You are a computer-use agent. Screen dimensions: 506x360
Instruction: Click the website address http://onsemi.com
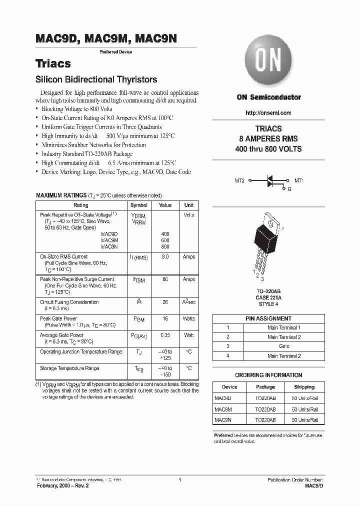(x=268, y=113)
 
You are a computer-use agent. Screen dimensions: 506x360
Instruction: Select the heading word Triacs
(x=53, y=63)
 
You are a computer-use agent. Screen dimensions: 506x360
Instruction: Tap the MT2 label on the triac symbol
(x=239, y=180)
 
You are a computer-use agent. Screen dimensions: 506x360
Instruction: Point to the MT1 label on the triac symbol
(x=299, y=180)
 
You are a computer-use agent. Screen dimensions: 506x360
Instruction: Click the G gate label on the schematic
(x=289, y=189)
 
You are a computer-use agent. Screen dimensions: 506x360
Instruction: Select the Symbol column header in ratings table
(x=138, y=205)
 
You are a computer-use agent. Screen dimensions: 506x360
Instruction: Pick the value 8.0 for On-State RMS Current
(x=165, y=256)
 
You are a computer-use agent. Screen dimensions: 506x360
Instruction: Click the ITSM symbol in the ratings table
(x=138, y=280)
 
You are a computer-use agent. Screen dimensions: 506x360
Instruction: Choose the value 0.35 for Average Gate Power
(x=165, y=335)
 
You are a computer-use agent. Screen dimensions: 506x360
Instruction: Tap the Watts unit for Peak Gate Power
(x=188, y=318)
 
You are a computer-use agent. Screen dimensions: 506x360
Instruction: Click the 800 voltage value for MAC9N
(x=165, y=246)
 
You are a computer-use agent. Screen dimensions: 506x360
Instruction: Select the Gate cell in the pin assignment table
(x=284, y=346)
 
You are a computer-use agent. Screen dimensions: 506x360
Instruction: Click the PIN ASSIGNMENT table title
(x=268, y=318)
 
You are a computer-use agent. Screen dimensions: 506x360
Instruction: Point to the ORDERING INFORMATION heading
(x=268, y=375)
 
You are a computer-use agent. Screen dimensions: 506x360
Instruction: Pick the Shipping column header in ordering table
(x=304, y=387)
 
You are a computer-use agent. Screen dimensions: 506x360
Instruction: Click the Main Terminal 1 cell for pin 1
(x=284, y=327)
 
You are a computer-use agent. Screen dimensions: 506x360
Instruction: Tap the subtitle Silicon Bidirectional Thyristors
(x=96, y=79)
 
